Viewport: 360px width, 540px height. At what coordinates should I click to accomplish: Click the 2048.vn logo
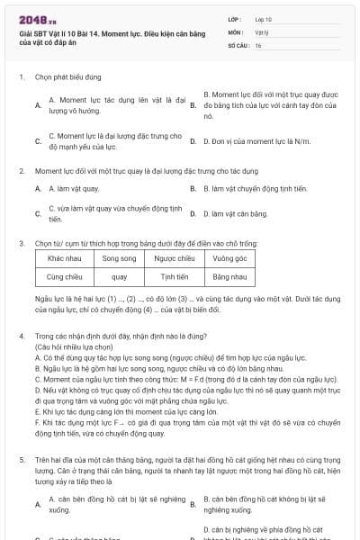[x=31, y=18]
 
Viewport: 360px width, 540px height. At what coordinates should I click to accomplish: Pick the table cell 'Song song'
[x=119, y=258]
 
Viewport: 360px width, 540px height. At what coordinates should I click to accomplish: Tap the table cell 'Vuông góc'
[x=230, y=258]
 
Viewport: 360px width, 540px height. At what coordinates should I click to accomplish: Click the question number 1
[x=21, y=76]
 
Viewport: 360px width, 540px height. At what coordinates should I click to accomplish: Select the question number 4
[x=21, y=336]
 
